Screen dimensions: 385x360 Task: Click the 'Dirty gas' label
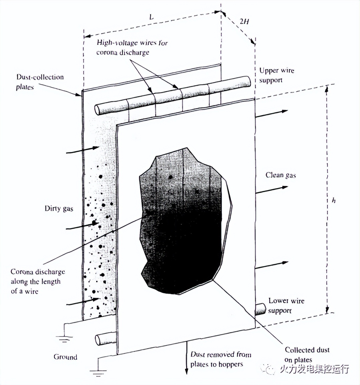point(59,209)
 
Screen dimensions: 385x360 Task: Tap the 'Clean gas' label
point(281,175)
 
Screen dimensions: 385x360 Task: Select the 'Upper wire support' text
point(277,75)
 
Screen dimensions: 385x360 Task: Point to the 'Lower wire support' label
point(286,305)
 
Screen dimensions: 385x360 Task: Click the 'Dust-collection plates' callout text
point(39,82)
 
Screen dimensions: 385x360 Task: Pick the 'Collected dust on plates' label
point(307,355)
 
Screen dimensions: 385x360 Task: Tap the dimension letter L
point(151,17)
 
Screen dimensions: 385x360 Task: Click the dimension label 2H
point(244,21)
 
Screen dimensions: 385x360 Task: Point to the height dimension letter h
point(334,200)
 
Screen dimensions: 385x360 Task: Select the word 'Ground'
point(65,357)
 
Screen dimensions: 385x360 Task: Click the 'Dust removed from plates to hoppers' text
point(221,359)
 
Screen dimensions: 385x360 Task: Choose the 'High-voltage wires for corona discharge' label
point(132,47)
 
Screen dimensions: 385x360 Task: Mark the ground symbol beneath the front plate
point(98,372)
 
